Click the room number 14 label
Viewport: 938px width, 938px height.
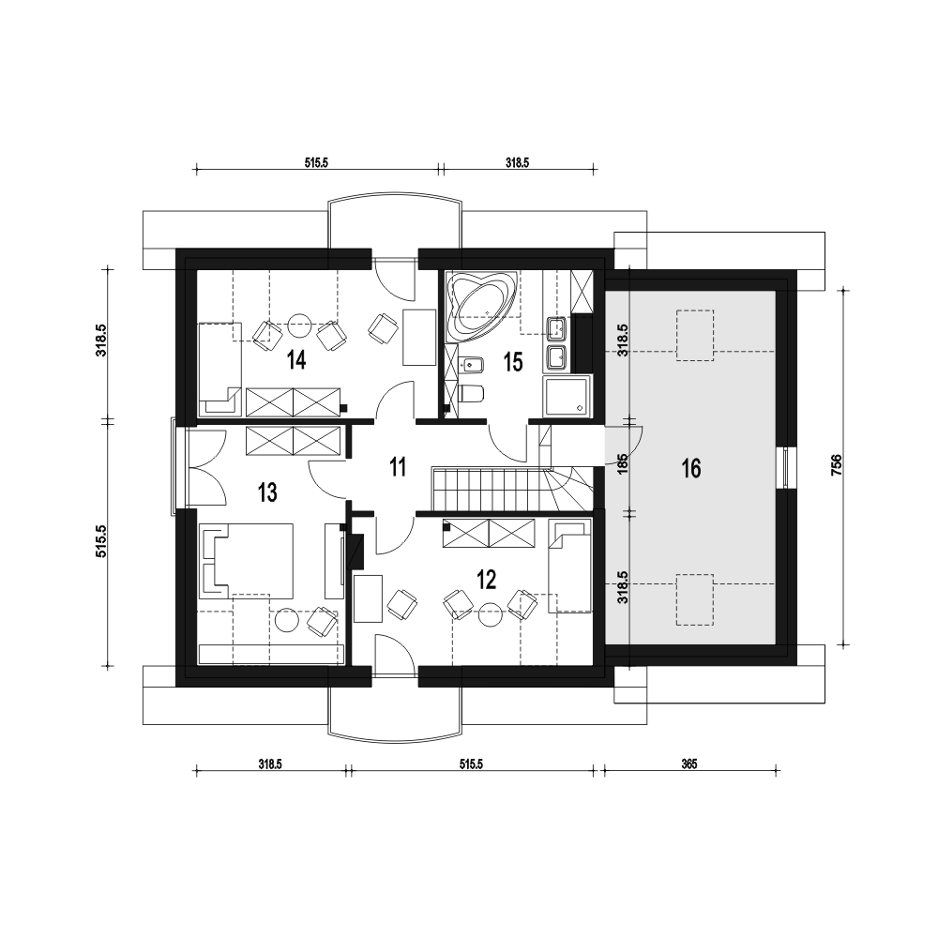pyautogui.click(x=296, y=361)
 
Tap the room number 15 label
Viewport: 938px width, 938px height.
pyautogui.click(x=513, y=362)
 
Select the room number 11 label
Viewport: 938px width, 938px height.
pyautogui.click(x=398, y=466)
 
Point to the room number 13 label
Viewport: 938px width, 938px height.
pyautogui.click(x=267, y=493)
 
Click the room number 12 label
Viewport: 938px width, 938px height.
pyautogui.click(x=486, y=579)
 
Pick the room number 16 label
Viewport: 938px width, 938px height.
pyautogui.click(x=691, y=468)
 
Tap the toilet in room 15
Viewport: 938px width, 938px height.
pyautogui.click(x=471, y=393)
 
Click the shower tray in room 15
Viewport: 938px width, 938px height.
pyautogui.click(x=566, y=396)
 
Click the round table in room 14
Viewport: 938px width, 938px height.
pyautogui.click(x=299, y=326)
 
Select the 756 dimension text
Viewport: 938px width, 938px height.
pyautogui.click(x=837, y=465)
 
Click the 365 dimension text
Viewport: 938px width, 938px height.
pyautogui.click(x=689, y=764)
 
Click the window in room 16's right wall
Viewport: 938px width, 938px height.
pyautogui.click(x=786, y=468)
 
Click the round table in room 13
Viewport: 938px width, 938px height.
pyautogui.click(x=287, y=620)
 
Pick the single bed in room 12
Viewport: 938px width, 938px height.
pyautogui.click(x=570, y=566)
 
